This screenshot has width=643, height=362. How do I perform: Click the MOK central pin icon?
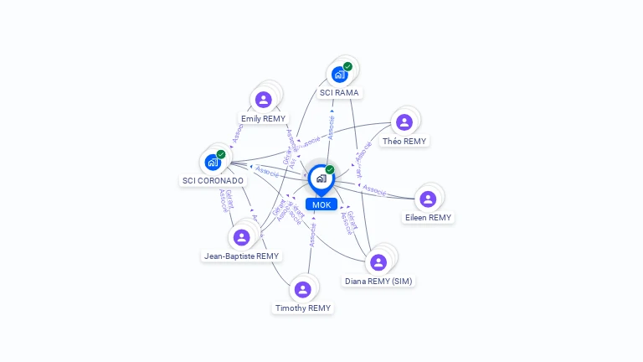coord(320,178)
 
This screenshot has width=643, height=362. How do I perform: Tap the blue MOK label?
coord(321,204)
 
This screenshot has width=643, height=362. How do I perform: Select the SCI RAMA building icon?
coord(339,74)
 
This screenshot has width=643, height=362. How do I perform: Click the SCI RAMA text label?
coord(339,92)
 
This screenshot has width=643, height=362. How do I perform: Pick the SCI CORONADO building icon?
coord(213,162)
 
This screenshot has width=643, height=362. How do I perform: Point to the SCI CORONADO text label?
coord(213,180)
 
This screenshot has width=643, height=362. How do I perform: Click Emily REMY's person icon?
coord(264,101)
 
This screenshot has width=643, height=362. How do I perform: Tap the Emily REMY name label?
coord(263,119)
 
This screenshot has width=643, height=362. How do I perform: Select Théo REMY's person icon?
coord(404,122)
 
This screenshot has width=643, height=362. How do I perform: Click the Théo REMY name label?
coord(404,141)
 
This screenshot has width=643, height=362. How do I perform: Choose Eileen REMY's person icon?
coord(428,199)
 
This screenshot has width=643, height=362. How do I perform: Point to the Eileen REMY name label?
coord(428,218)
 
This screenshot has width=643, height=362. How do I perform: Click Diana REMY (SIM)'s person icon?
coord(378,262)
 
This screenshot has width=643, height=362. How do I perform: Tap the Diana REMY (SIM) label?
coord(378,281)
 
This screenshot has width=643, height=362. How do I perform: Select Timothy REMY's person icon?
coord(303,290)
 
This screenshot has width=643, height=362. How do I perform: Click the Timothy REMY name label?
coord(303,308)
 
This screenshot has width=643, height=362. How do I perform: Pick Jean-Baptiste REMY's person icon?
coord(242,237)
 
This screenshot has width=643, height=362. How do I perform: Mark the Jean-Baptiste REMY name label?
coord(241,256)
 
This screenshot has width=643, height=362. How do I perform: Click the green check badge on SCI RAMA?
coord(347,66)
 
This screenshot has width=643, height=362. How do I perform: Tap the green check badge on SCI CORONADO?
coord(221,154)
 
